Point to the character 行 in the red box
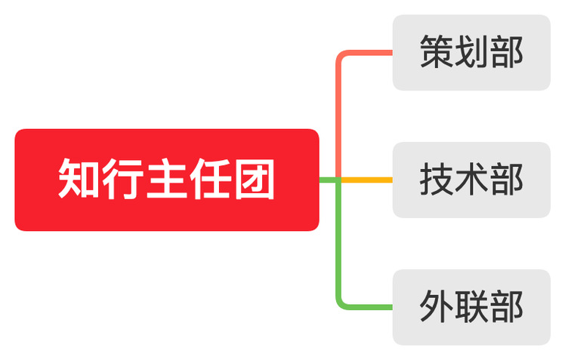pos(124,180)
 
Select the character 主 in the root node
pos(167,180)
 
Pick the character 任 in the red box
pos(210,180)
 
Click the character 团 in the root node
pos(254,180)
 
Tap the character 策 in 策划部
pos(437,52)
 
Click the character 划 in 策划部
pos(471,52)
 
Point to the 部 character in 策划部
pos(506,52)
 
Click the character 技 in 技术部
pos(437,180)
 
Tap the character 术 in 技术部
pos(471,180)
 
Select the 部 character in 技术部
pos(506,180)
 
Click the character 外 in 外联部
pos(437,307)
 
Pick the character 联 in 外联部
pos(471,307)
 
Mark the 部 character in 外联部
pos(506,307)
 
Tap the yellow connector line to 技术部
pos(370,180)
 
